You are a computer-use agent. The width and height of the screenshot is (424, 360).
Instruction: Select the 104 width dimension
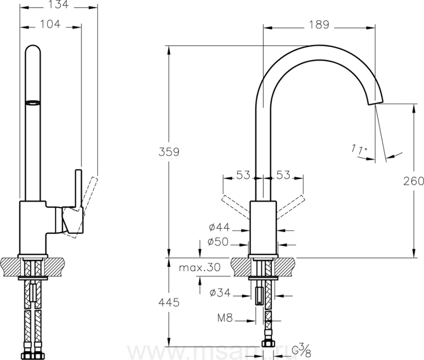tap(50, 24)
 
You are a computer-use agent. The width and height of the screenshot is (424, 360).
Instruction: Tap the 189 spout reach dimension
tap(319, 24)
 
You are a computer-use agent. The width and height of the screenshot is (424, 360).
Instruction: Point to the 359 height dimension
tap(169, 152)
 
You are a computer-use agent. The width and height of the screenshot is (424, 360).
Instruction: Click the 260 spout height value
tap(414, 181)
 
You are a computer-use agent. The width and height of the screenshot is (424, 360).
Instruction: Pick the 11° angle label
tap(359, 150)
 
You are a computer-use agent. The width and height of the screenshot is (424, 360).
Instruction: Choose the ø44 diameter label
tap(219, 227)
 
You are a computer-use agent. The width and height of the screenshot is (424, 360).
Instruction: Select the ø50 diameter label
tap(218, 242)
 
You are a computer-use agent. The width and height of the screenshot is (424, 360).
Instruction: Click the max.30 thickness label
tap(200, 268)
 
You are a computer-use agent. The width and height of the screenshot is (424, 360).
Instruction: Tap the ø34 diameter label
tap(220, 293)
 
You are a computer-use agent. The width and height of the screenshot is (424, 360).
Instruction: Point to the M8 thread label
tap(225, 318)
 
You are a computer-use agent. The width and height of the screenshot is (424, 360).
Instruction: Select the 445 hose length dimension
tap(169, 303)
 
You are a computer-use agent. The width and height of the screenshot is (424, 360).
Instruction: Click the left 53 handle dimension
tap(244, 175)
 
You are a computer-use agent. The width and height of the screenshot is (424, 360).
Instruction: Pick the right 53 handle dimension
tap(283, 175)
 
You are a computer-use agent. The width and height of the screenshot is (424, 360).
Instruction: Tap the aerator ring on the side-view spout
tap(33, 103)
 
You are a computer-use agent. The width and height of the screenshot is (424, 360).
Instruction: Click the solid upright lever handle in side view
tap(78, 189)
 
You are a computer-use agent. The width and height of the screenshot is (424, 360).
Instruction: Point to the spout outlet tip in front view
tap(375, 101)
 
